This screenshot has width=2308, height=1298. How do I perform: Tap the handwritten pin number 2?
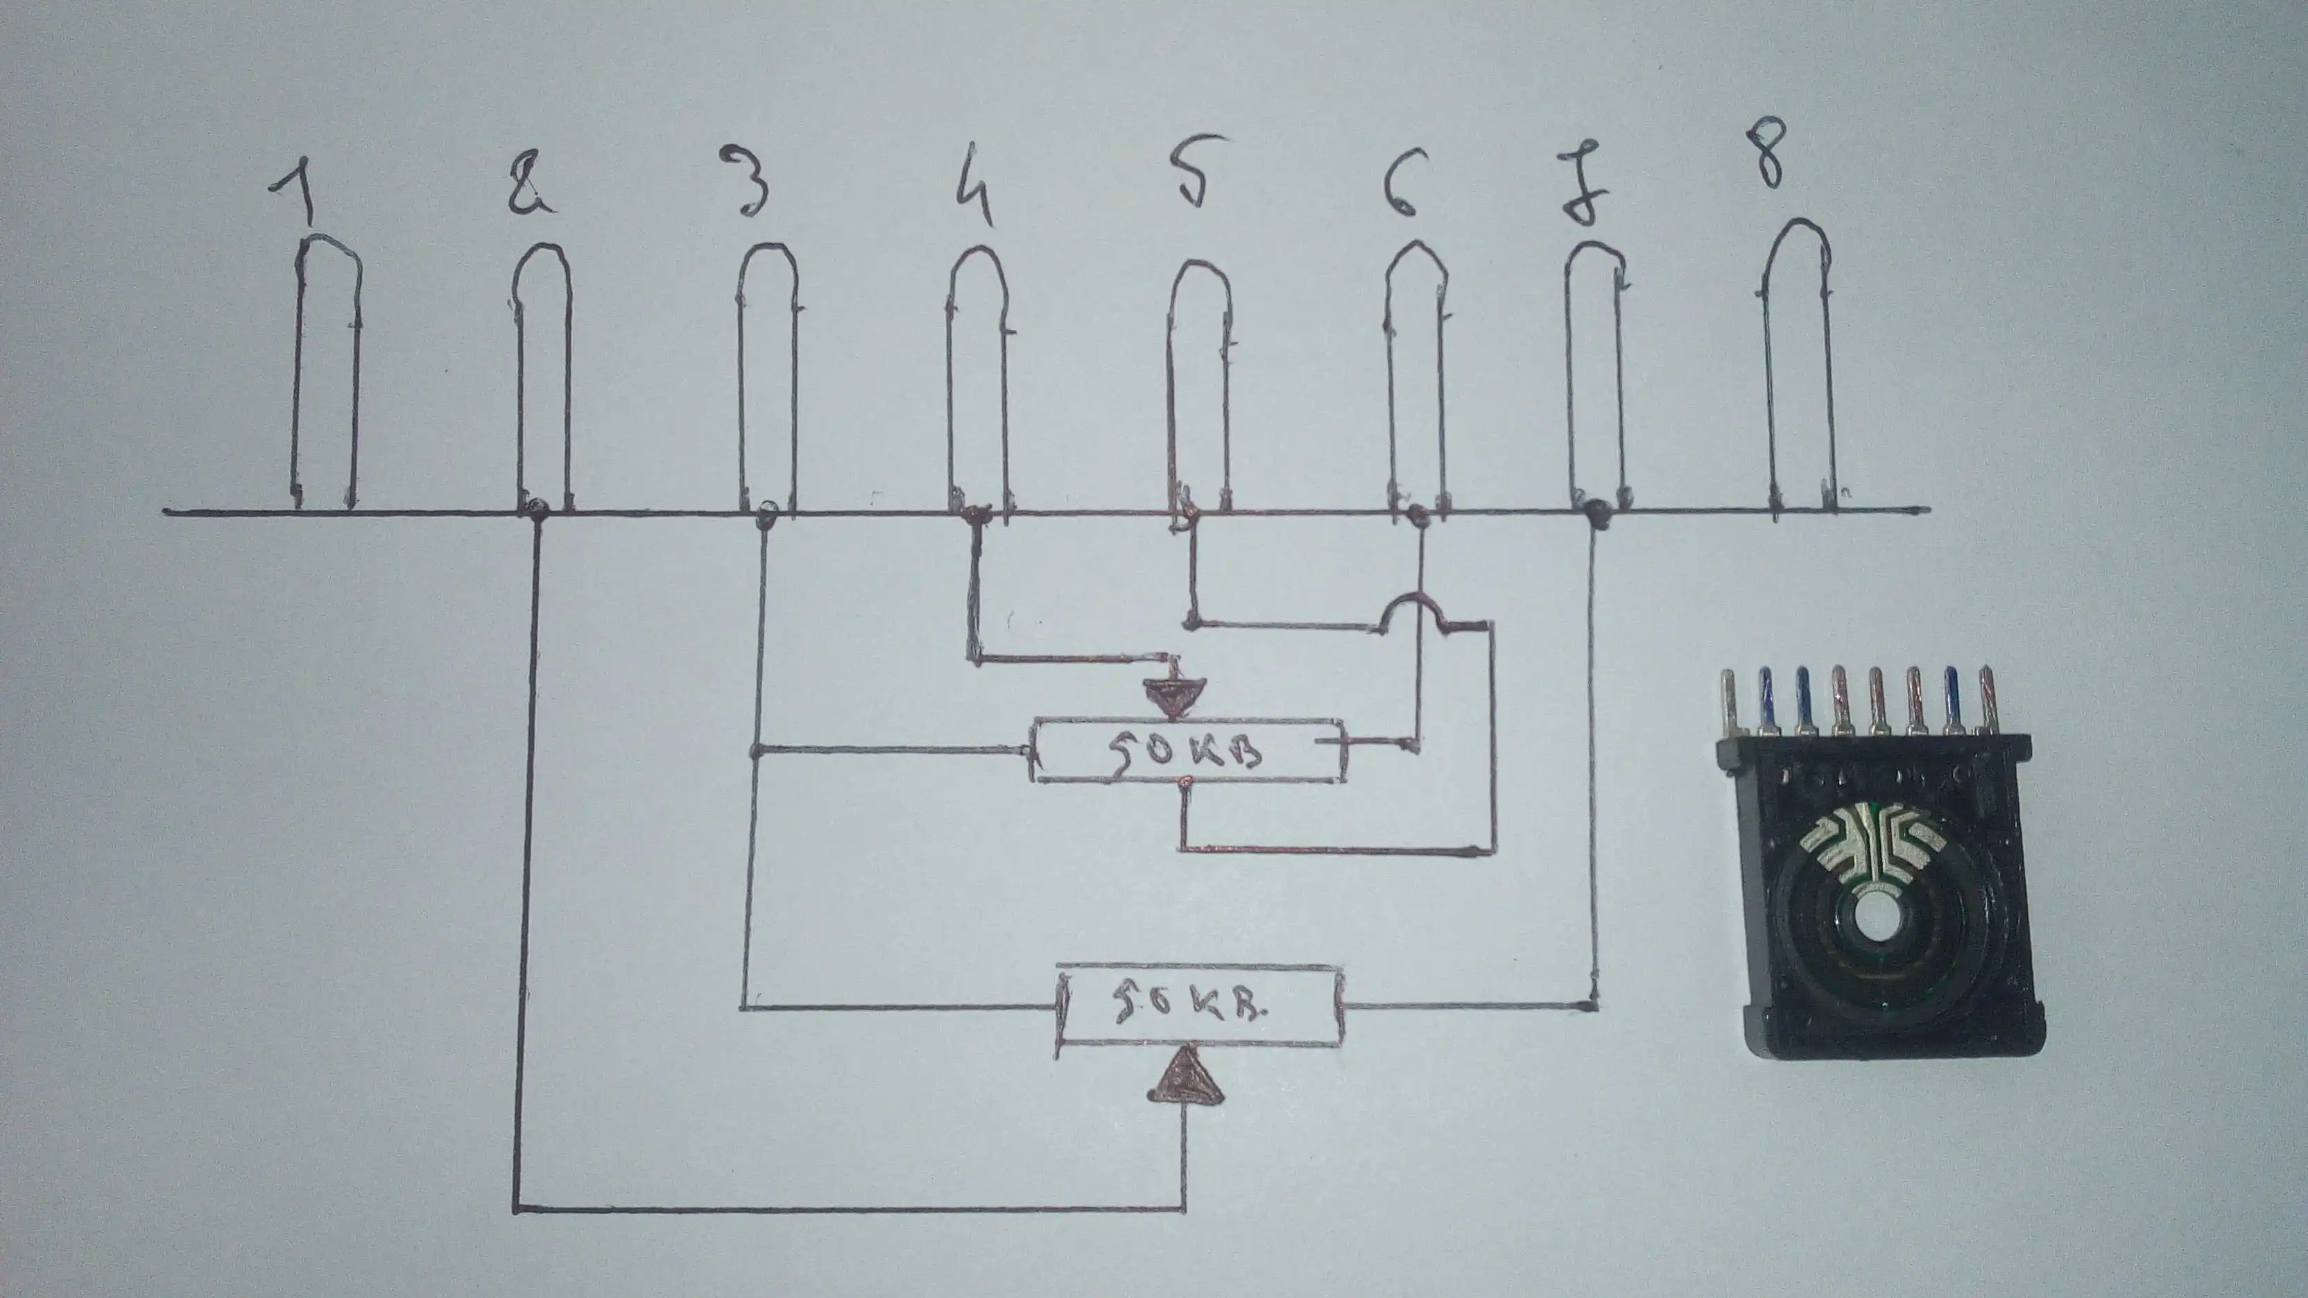click(531, 185)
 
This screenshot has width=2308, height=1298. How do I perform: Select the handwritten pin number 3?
click(755, 183)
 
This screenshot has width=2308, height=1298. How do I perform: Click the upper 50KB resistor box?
click(1188, 750)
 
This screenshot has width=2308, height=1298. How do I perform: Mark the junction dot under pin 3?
click(765, 512)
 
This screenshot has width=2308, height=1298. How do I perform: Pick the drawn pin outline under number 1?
click(325, 377)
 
